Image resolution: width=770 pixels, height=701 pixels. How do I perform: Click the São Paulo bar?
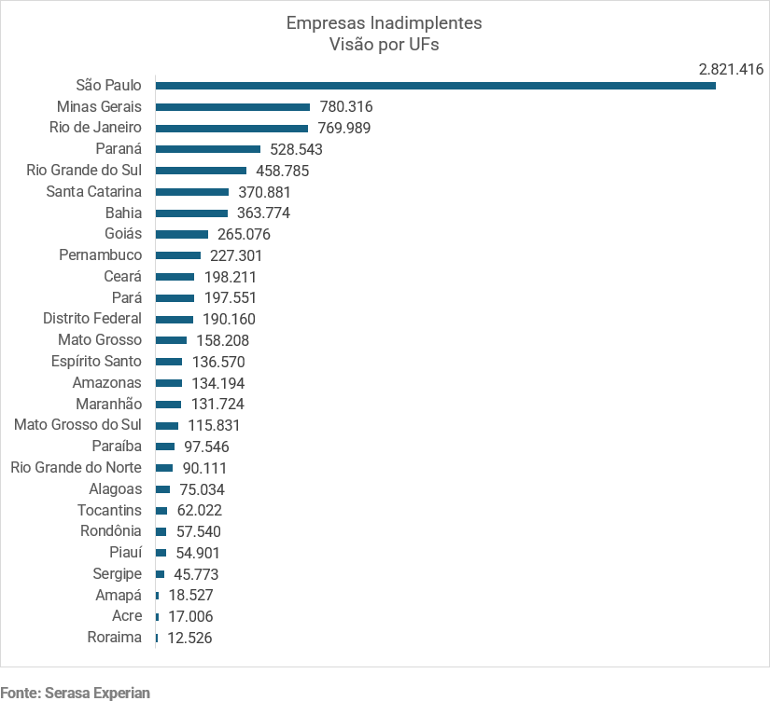click(x=435, y=86)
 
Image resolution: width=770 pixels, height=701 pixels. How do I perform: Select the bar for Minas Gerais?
click(x=232, y=107)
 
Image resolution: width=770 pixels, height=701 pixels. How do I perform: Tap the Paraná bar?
click(x=207, y=149)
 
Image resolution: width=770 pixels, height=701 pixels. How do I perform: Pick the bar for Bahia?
click(x=191, y=213)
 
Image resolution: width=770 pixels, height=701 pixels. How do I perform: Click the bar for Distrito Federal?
click(x=175, y=320)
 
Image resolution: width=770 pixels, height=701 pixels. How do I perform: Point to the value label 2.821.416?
click(x=731, y=69)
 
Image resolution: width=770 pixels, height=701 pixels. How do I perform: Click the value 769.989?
click(x=345, y=128)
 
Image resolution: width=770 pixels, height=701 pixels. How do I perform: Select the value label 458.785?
click(x=283, y=171)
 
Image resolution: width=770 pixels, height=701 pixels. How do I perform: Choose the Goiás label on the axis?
click(x=123, y=234)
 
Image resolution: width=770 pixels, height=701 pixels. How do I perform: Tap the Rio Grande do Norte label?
click(x=76, y=468)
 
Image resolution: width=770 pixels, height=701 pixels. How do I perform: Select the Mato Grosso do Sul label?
click(x=77, y=425)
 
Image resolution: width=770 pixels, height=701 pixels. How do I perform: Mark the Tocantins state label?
click(x=109, y=510)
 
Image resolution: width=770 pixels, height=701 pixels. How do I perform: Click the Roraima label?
click(x=114, y=638)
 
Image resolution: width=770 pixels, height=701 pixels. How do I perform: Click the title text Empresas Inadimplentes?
click(x=385, y=22)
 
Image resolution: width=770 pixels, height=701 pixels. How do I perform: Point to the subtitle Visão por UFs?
click(x=385, y=45)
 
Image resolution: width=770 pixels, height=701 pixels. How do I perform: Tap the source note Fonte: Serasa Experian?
click(x=75, y=692)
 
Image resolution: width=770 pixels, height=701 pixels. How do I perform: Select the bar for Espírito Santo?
click(x=169, y=362)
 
